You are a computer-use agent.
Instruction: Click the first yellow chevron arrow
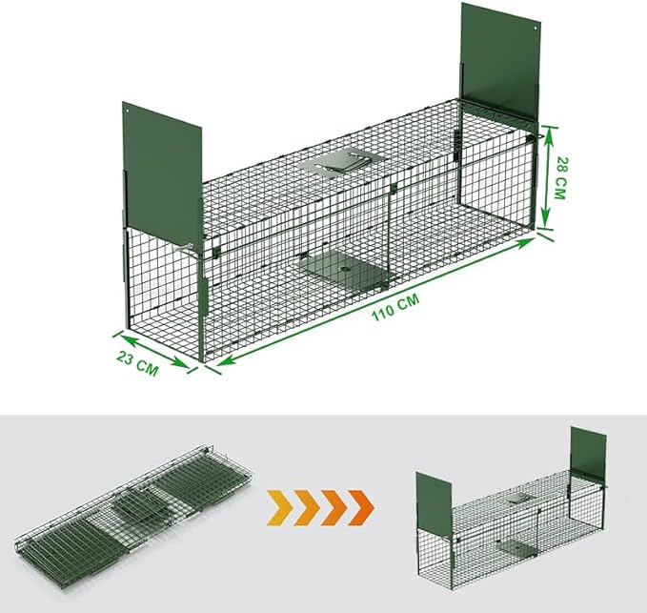(278, 500)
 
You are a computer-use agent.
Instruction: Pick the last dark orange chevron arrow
(358, 500)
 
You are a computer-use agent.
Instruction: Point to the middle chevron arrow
(318, 500)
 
